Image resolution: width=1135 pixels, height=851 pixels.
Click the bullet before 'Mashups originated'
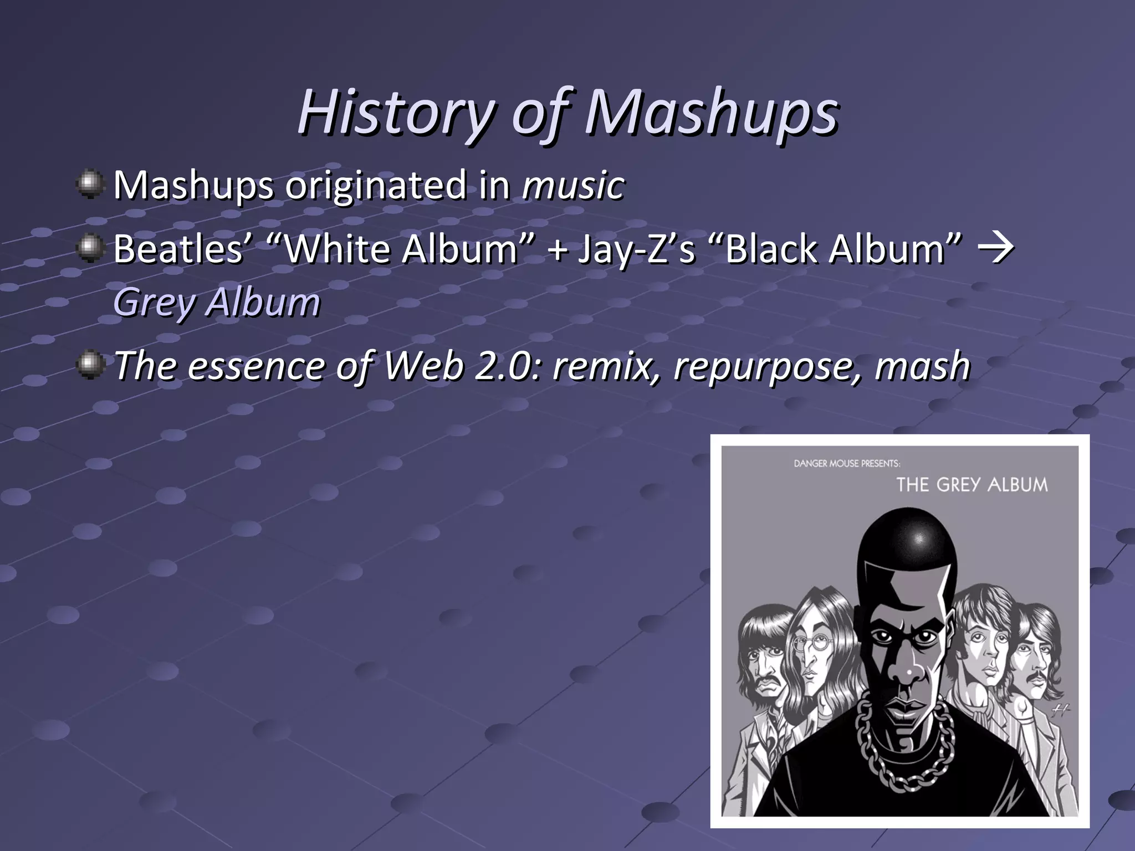click(x=90, y=184)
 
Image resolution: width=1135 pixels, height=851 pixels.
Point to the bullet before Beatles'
click(x=90, y=248)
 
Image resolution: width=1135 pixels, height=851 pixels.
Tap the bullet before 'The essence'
click(x=90, y=366)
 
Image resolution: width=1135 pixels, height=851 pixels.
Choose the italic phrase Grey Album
click(x=217, y=303)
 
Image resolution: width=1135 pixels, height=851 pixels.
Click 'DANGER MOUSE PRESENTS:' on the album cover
click(x=846, y=463)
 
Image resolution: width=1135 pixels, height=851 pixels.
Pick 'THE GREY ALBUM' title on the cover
click(x=972, y=485)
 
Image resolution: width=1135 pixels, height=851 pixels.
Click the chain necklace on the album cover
click(x=904, y=745)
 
